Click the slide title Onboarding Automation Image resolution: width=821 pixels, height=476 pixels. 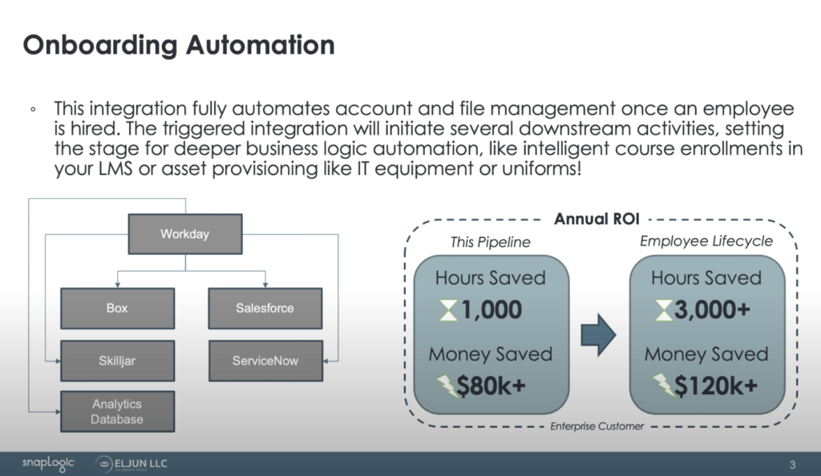point(178,45)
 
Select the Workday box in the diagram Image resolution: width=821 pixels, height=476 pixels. point(184,234)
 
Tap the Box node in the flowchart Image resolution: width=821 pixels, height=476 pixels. point(117,308)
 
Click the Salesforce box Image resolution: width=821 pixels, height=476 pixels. point(265,308)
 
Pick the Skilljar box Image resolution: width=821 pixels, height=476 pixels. point(117,361)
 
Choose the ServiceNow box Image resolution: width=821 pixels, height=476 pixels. point(265,361)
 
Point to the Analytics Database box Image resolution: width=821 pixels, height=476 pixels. point(117,412)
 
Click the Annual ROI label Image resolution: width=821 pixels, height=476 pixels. point(598,219)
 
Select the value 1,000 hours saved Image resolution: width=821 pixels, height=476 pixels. point(492,310)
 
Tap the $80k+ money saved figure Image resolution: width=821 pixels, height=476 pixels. point(491,386)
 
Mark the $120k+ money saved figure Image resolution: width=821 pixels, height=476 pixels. point(715,386)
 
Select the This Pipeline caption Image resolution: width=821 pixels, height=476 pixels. point(491,242)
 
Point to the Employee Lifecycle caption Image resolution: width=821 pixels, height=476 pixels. point(706,241)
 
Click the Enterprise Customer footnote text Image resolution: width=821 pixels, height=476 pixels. point(597,426)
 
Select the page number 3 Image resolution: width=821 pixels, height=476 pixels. point(792,464)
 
